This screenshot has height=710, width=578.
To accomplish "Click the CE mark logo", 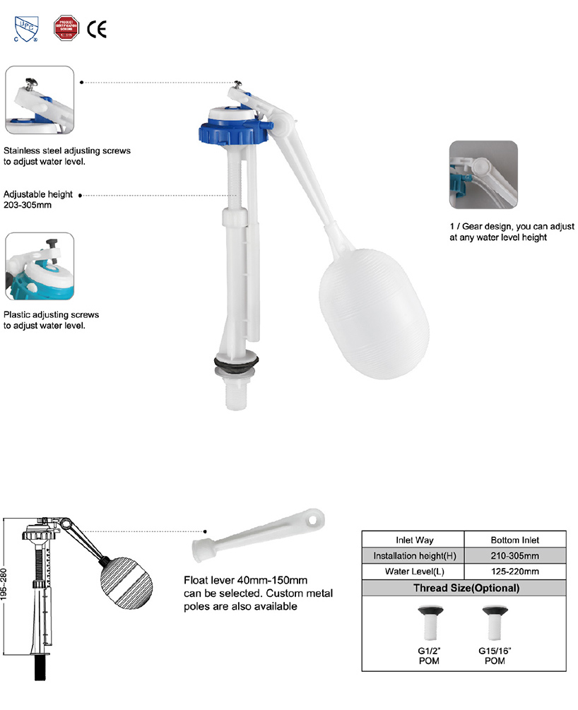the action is point(97,29).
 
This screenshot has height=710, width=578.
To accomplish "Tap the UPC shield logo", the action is point(26,29).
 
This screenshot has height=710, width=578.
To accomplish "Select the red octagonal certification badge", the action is point(66,28).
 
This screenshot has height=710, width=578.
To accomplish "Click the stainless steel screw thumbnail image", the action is point(40,100).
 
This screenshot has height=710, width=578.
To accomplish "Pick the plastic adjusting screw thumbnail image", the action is point(40,266).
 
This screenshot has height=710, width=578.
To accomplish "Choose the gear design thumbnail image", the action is point(483,174).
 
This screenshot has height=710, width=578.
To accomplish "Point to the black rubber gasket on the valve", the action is point(237,362).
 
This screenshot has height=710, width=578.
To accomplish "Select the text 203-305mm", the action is point(28,205).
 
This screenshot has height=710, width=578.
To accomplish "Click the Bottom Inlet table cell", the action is point(515,540).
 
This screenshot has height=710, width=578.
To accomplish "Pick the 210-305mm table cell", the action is point(515,555).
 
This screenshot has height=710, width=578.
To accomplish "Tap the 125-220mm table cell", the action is point(515,572).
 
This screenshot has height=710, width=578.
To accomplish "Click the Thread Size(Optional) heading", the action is point(466,588).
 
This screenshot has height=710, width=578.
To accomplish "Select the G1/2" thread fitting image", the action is point(430,623).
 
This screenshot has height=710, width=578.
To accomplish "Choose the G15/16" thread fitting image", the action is point(495,623).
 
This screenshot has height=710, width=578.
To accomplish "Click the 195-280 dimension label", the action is point(4,584).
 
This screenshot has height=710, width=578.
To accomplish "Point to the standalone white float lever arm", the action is point(258,534).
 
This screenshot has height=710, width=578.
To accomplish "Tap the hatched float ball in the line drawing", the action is point(126,582).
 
